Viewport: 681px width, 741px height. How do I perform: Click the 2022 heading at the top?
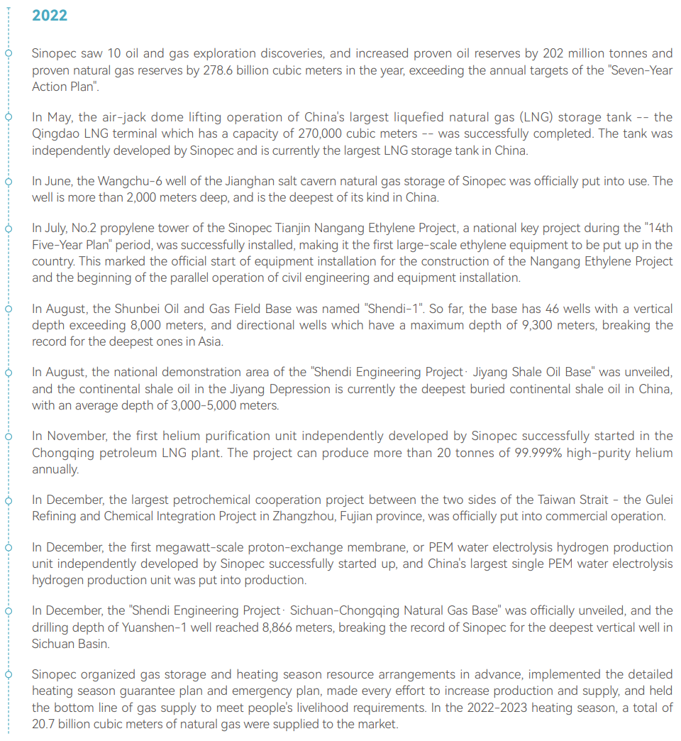50,16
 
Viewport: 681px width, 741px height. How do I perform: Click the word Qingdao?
55,133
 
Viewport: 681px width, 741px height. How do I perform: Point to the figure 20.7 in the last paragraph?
45,724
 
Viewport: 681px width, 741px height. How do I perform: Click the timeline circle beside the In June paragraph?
9,181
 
